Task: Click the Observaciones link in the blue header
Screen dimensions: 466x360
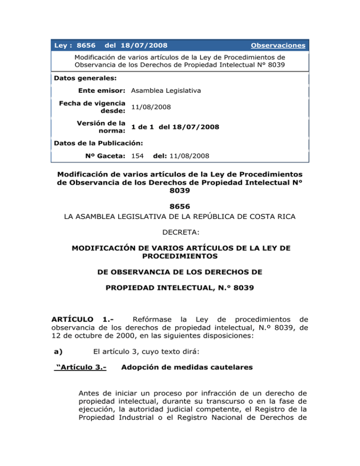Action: (x=278, y=46)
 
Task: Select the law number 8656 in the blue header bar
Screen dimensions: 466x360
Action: (x=86, y=46)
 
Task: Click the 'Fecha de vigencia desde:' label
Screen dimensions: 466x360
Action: (x=103, y=107)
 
